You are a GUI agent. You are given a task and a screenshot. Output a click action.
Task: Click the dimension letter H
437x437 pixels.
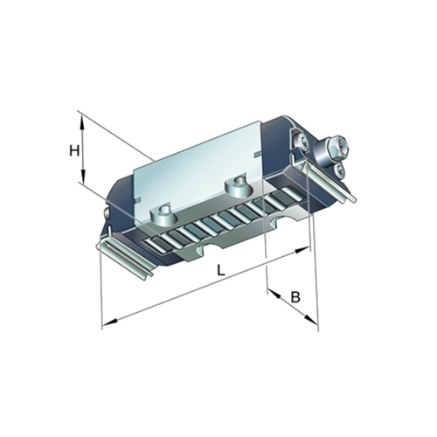[x=74, y=151]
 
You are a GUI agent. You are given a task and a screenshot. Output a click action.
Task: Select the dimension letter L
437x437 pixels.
[x=221, y=271]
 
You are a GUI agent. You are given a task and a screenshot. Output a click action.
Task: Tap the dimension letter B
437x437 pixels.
[x=295, y=297]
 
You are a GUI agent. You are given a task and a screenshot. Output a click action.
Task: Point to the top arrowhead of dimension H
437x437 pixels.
[x=82, y=122]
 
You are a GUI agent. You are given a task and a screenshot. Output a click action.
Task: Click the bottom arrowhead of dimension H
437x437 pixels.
[x=83, y=177]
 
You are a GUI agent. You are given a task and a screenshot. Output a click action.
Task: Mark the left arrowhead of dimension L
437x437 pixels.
[x=110, y=322]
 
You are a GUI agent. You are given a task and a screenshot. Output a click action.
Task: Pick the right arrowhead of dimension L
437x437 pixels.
[x=302, y=250]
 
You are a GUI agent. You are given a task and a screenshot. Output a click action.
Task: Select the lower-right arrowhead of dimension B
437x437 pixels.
[x=311, y=319]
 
